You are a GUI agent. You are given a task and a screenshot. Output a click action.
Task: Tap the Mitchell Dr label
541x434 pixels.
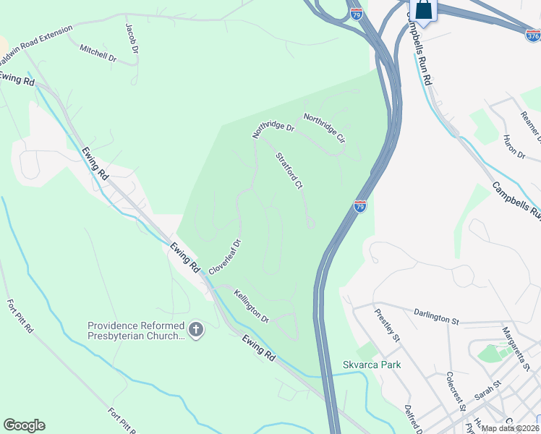[x=98, y=54]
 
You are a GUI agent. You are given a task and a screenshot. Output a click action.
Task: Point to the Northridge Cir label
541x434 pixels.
[x=324, y=127]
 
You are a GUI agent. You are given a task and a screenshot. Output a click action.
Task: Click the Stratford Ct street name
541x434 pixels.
[x=288, y=171]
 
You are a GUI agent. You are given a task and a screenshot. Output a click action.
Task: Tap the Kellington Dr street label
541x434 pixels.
[x=252, y=307]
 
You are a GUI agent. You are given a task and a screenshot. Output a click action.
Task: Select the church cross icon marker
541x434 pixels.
[x=195, y=331]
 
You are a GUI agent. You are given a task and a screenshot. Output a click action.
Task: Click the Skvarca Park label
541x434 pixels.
[x=372, y=365]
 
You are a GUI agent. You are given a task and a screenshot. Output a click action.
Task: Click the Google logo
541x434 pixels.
[x=24, y=425]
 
